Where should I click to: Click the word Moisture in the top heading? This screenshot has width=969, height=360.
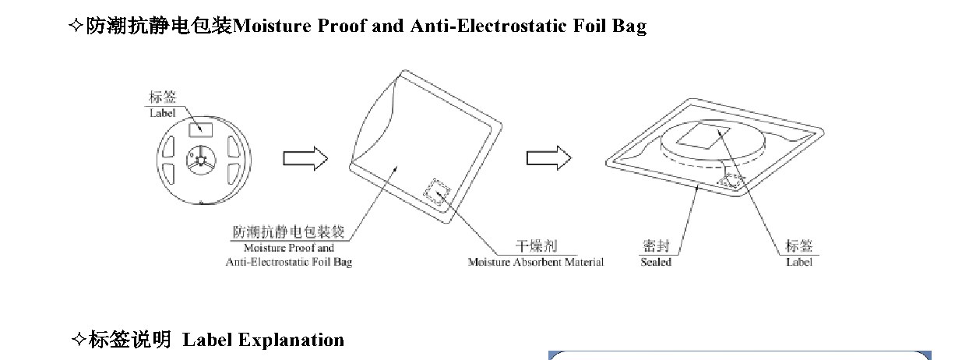click(x=272, y=26)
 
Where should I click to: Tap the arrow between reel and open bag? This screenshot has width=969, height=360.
click(x=305, y=158)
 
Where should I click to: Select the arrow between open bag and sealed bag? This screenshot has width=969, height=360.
click(x=548, y=158)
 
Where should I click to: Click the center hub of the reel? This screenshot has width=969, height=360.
click(x=201, y=160)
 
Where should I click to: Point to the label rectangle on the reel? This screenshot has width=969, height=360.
click(x=201, y=130)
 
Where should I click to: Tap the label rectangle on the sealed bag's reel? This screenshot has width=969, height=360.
click(x=703, y=136)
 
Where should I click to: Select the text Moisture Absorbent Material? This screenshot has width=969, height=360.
click(x=536, y=263)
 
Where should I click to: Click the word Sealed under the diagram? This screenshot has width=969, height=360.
click(x=656, y=263)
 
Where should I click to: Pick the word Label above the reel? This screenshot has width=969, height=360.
click(x=163, y=113)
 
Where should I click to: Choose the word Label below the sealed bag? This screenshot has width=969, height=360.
click(x=799, y=263)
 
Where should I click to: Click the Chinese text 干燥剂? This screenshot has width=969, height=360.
click(x=537, y=246)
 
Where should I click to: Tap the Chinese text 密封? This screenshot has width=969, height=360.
click(x=656, y=246)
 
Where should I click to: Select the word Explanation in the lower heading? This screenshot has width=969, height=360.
click(x=291, y=340)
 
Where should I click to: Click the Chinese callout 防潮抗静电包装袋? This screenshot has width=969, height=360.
click(x=288, y=232)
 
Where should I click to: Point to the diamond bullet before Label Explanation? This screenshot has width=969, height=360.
click(x=79, y=340)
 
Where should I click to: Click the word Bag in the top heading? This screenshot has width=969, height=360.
click(x=629, y=26)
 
